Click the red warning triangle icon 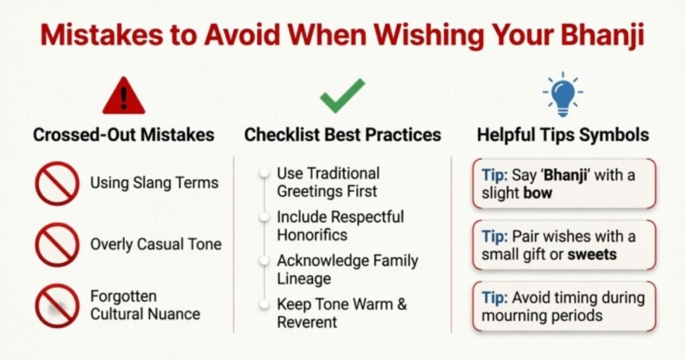[x=124, y=96]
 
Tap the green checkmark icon [x=342, y=95]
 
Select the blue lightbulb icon [x=563, y=94]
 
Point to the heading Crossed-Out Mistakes [x=124, y=134]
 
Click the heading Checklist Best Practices [x=342, y=134]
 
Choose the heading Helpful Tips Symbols [x=563, y=134]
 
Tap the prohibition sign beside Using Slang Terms [x=58, y=183]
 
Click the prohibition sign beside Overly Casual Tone [x=58, y=245]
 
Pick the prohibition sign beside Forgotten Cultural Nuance [x=58, y=306]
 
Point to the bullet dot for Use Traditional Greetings [x=264, y=173]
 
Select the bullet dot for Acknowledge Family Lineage [x=264, y=261]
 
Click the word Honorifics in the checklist [x=312, y=235]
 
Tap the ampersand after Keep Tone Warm [x=402, y=304]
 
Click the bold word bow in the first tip [x=538, y=193]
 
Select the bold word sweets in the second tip [x=592, y=255]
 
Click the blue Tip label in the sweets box [x=494, y=237]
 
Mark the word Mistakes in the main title [x=102, y=35]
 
